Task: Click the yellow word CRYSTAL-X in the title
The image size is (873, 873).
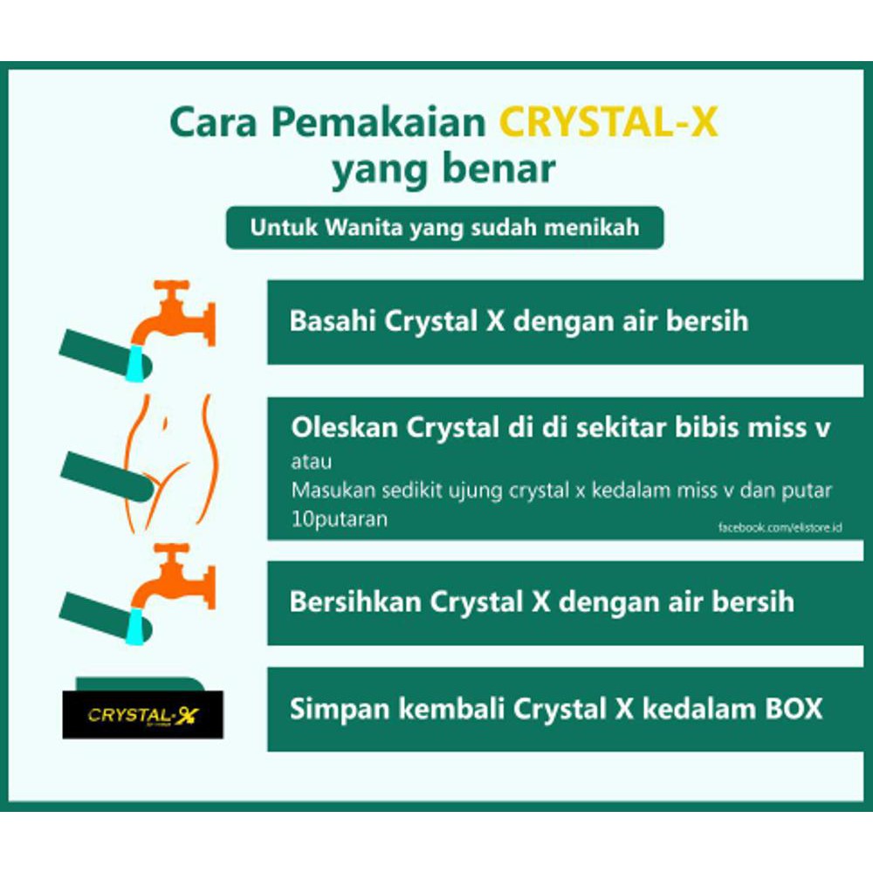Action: [x=608, y=123]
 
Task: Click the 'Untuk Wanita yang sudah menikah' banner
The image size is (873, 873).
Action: [x=444, y=228]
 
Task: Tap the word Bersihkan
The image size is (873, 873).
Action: [x=354, y=601]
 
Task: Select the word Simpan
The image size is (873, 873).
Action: [x=328, y=708]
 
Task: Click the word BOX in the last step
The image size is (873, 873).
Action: [x=792, y=708]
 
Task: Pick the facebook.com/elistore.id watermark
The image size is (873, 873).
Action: [x=773, y=528]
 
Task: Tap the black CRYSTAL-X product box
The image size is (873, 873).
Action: [x=142, y=715]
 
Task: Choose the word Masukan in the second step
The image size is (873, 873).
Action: [x=328, y=491]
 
